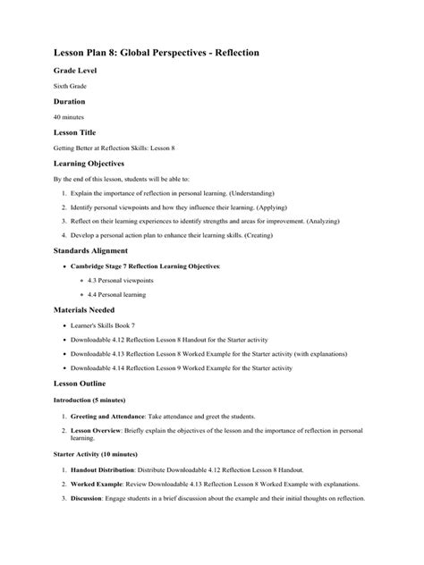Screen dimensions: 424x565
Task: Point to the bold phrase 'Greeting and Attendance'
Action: (x=109, y=417)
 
